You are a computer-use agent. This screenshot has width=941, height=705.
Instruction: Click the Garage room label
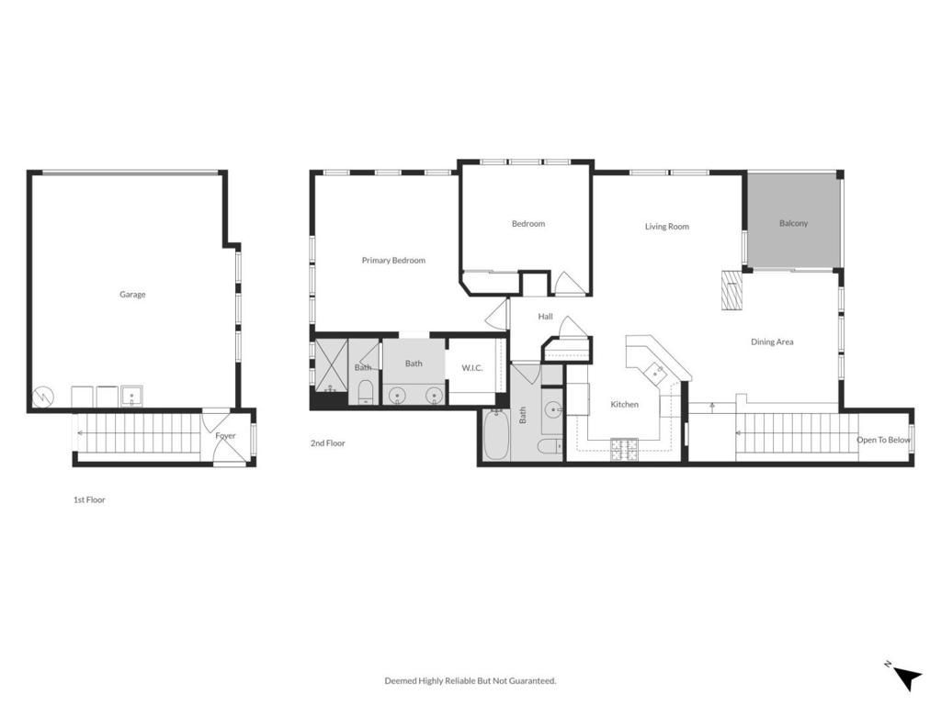point(132,295)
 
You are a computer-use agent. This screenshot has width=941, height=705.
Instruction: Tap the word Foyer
point(225,436)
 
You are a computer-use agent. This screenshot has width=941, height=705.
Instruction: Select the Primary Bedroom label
point(393,261)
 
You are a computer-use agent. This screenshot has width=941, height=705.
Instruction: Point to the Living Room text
point(666,227)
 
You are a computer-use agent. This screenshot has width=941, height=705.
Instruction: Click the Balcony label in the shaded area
point(793,223)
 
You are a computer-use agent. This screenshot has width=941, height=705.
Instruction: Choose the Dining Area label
point(772,342)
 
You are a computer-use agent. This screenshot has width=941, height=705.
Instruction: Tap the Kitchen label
point(624,404)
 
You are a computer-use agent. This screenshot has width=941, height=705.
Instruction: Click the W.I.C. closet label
point(472,368)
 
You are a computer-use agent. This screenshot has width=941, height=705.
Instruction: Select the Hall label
point(545,317)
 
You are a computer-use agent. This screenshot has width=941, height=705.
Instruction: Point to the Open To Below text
point(883,440)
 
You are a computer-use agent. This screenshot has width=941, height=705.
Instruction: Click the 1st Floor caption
point(89,500)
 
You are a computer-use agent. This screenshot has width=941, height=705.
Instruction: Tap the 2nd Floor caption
point(327,443)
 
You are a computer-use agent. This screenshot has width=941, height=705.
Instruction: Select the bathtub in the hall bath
point(495,437)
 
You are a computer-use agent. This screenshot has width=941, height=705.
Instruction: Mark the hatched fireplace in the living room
point(731,291)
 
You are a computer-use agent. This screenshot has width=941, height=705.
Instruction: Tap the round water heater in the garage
point(43,397)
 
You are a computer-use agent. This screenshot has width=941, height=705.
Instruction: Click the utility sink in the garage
point(132,397)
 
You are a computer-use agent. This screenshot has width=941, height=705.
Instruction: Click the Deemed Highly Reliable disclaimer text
point(470,681)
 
